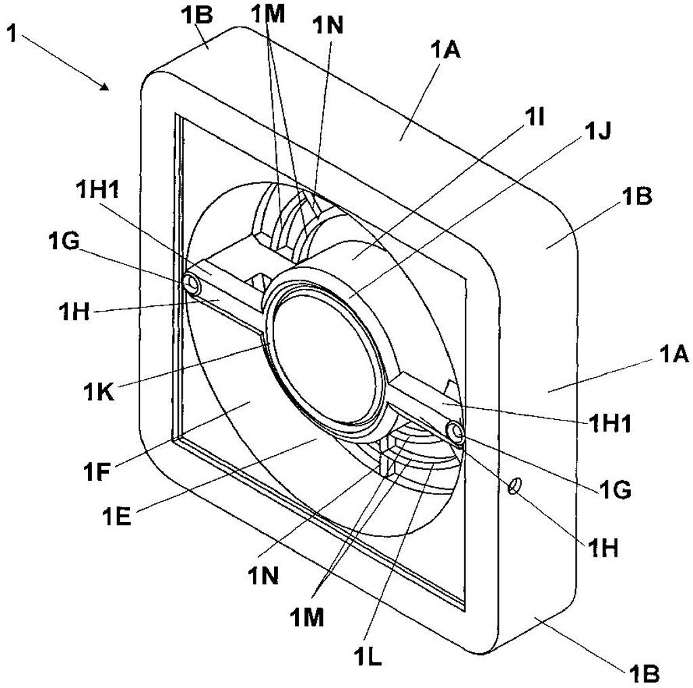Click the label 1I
tap(534, 119)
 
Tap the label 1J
tap(598, 131)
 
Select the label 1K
tap(99, 391)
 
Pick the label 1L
tap(367, 656)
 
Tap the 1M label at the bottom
tap(307, 617)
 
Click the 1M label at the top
tap(268, 15)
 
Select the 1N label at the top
tap(328, 25)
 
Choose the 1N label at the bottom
tap(263, 575)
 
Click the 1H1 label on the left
tap(97, 190)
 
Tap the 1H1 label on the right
tap(610, 423)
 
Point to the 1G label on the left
tap(64, 242)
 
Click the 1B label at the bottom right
tap(643, 674)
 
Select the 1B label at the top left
tap(197, 15)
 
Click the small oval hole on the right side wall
tap(514, 485)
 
